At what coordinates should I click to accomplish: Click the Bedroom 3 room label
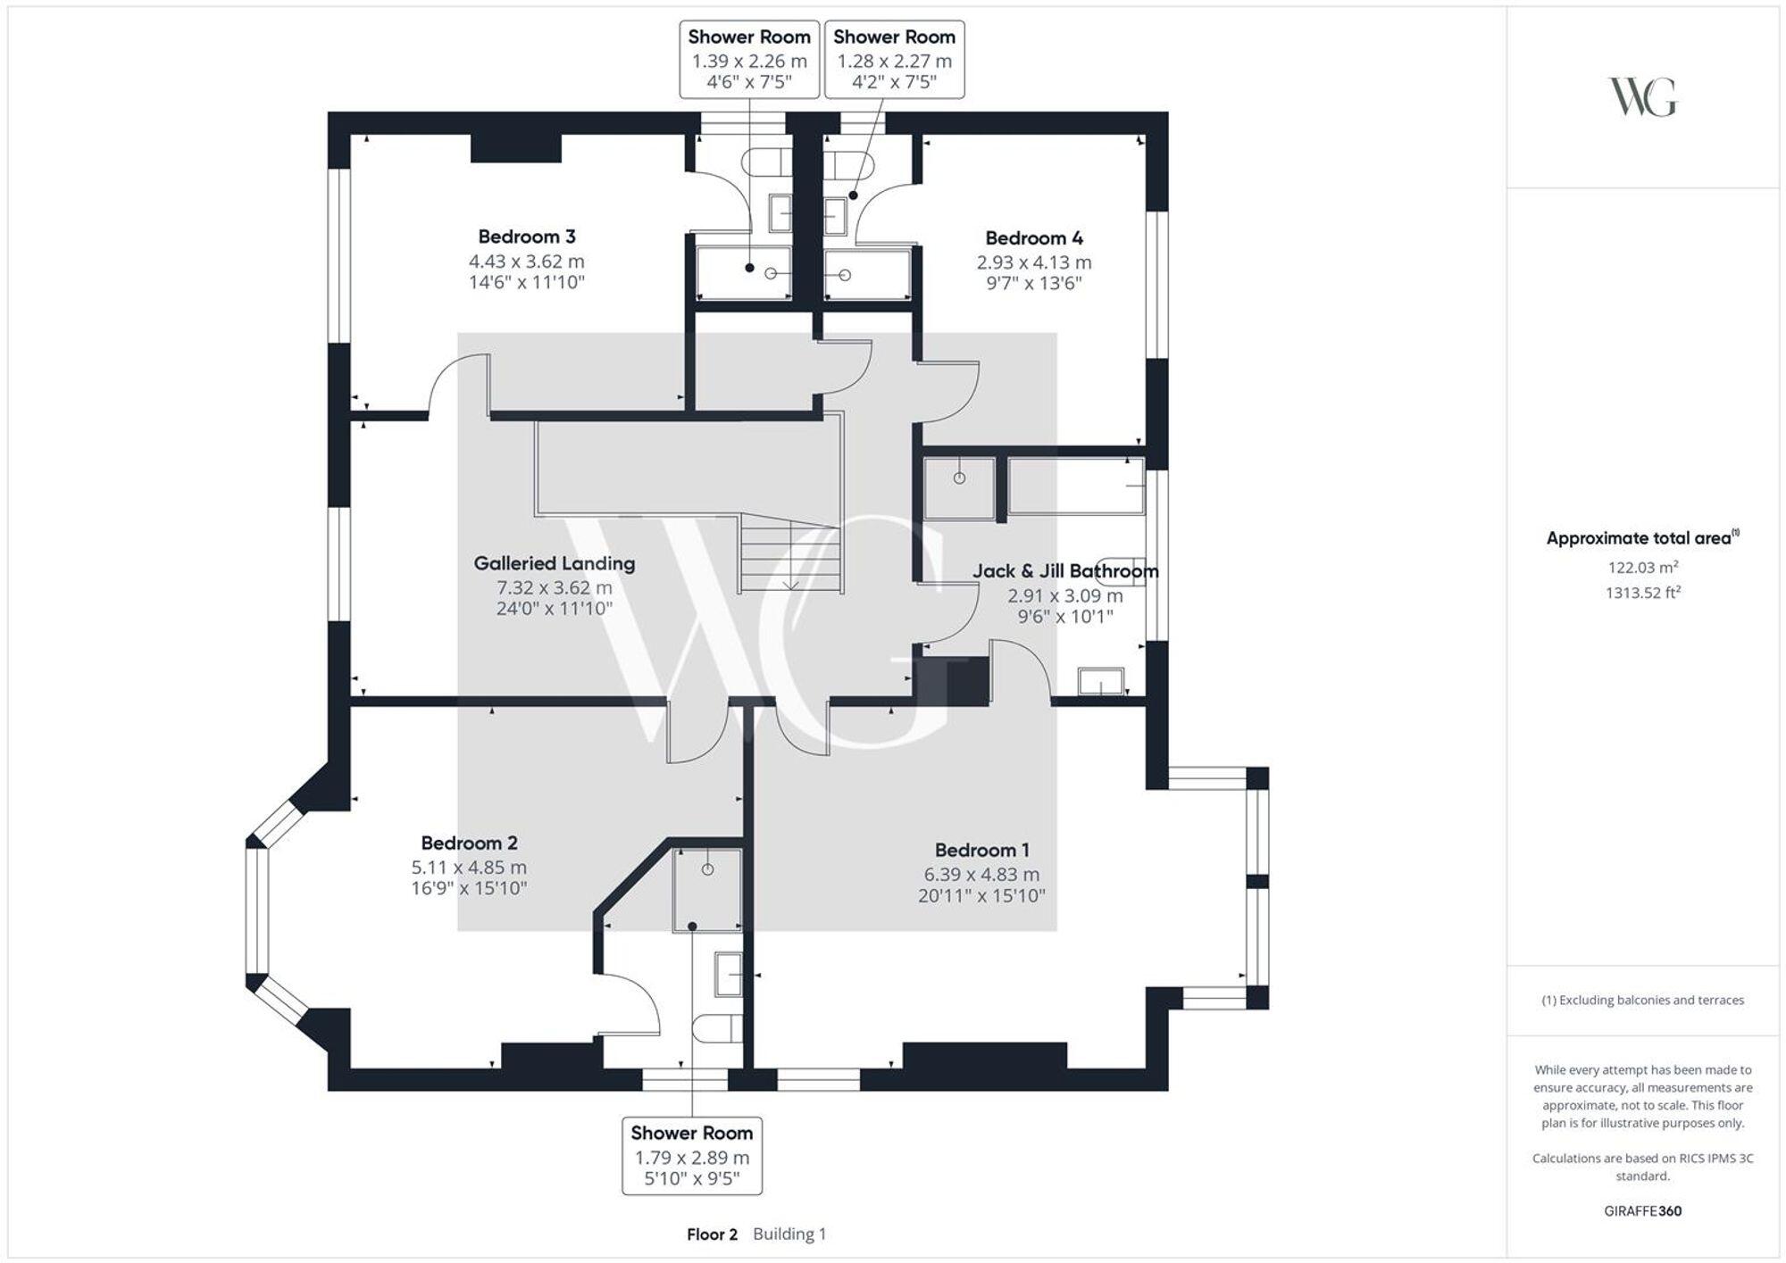(x=527, y=237)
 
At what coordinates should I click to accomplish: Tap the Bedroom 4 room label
(x=1034, y=238)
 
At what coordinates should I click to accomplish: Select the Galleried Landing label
(x=555, y=563)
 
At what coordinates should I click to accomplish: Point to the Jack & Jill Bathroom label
(x=1065, y=571)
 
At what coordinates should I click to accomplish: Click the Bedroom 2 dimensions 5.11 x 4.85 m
(x=469, y=868)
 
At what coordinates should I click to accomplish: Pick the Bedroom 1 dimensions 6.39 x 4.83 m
(x=981, y=875)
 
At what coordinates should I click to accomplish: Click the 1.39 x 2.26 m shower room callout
(x=749, y=60)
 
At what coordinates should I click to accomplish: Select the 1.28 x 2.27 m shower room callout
(x=894, y=60)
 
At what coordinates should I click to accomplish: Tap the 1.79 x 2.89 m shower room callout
(x=692, y=1156)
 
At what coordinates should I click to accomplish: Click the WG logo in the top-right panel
(x=1642, y=97)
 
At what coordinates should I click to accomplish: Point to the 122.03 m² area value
(x=1642, y=568)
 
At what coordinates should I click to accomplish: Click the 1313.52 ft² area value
(x=1642, y=593)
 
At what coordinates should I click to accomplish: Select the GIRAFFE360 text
(x=1642, y=1211)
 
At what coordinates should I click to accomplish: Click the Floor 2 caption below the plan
(x=712, y=1234)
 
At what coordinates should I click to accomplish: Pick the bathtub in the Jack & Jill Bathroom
(x=1076, y=486)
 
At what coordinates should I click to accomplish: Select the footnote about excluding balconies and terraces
(x=1642, y=1001)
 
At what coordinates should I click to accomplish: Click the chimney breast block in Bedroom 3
(x=515, y=148)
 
